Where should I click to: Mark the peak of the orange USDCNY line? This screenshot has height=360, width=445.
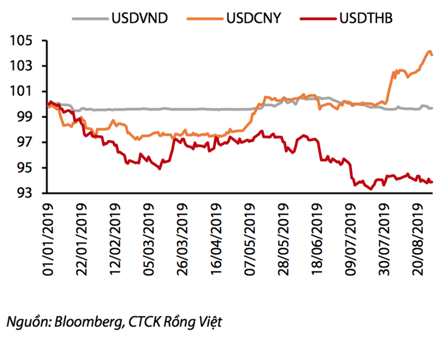point(429,51)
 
